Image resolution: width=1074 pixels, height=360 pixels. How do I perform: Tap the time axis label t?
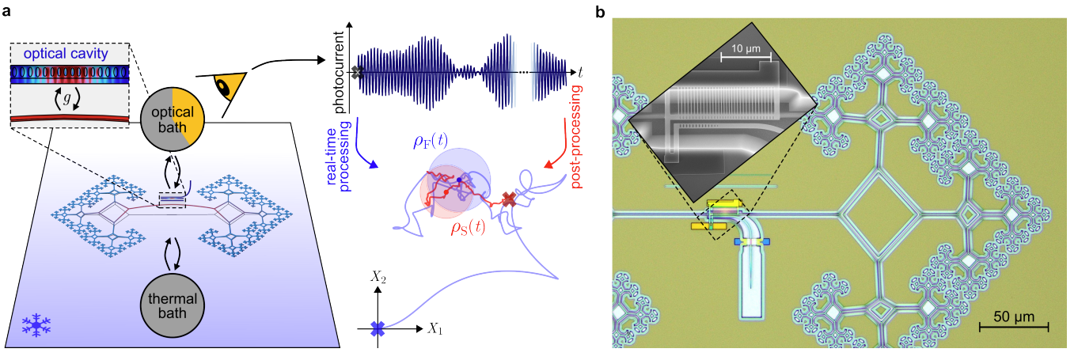[579, 72]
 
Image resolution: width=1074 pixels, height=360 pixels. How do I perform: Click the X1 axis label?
[434, 328]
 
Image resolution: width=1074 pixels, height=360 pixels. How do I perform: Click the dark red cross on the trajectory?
[509, 199]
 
